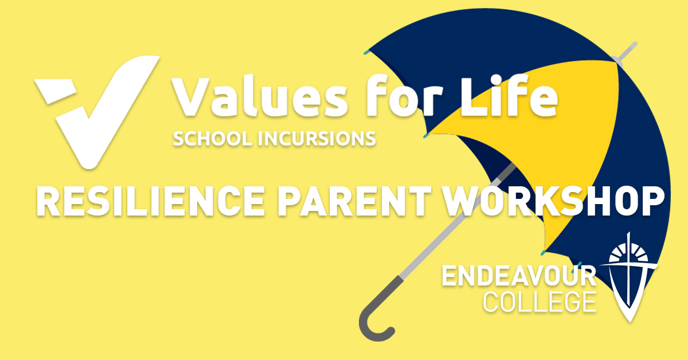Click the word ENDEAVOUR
519,277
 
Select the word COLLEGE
539,302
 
